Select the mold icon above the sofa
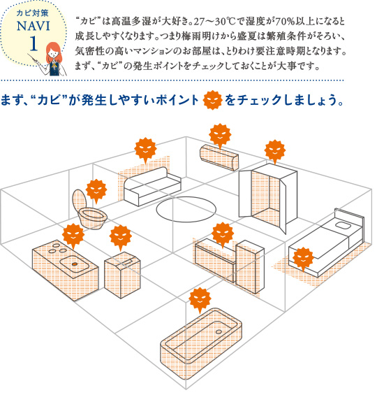click(146, 150)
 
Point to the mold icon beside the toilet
click(96, 191)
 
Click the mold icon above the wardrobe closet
click(275, 152)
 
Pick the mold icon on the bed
click(303, 258)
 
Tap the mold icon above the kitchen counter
click(73, 236)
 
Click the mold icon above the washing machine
click(121, 237)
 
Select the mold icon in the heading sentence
click(212, 100)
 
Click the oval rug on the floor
click(186, 210)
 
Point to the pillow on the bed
click(343, 225)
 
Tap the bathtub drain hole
click(219, 332)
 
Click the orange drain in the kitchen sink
click(75, 264)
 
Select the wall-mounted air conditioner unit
click(219, 157)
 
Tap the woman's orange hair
click(53, 52)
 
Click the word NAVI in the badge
click(34, 26)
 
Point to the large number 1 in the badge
click(34, 43)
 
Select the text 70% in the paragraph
click(286, 22)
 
